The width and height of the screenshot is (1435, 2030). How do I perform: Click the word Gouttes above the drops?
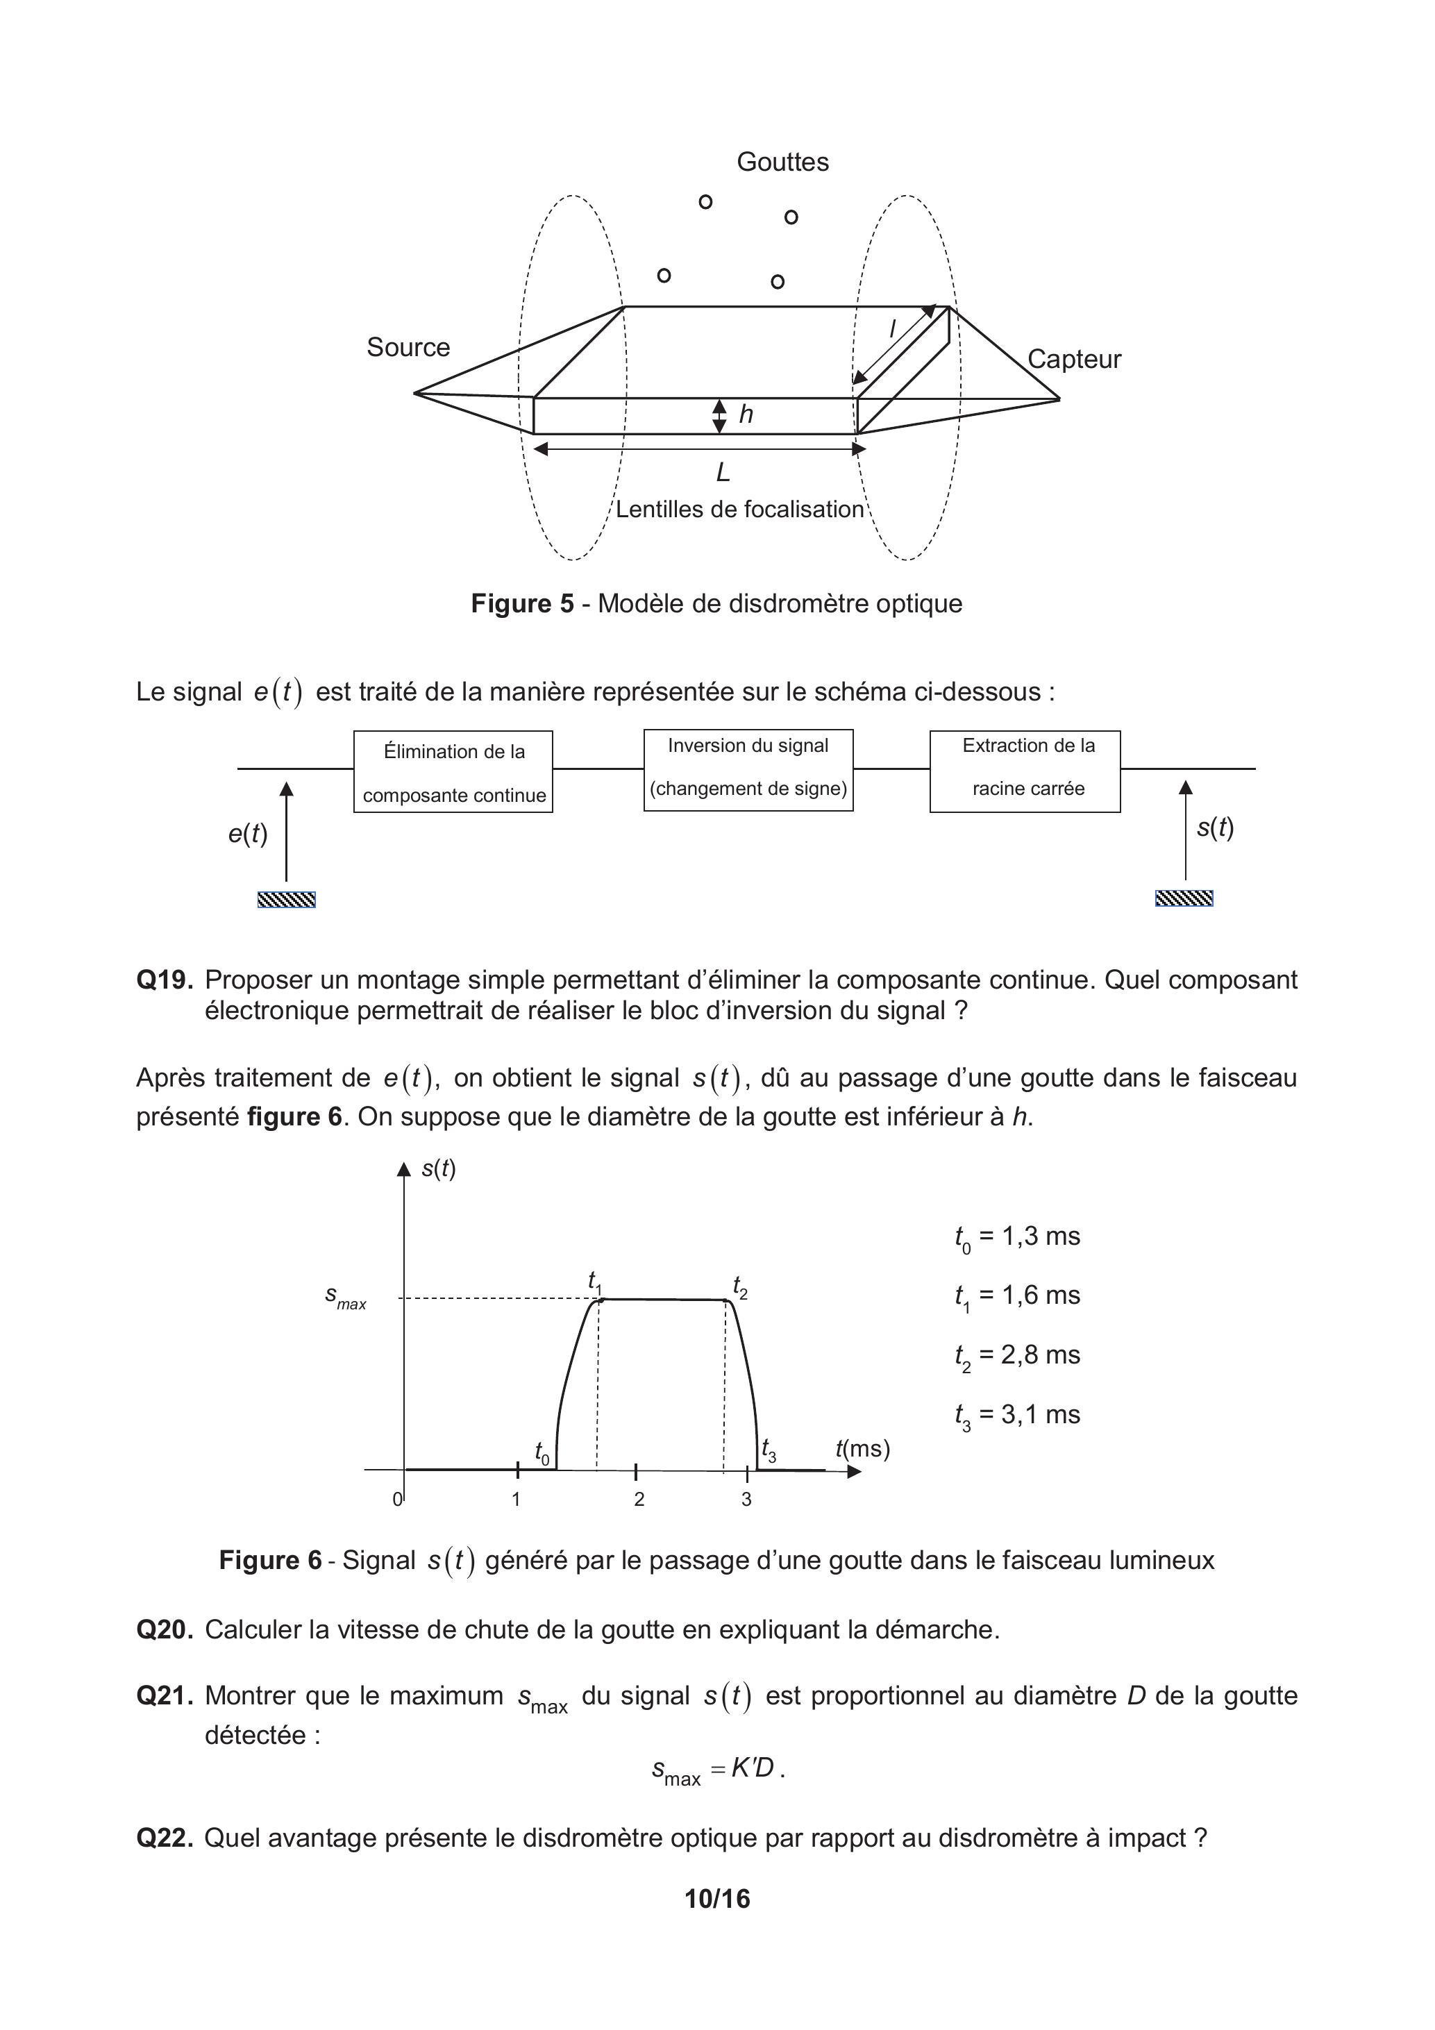point(782,162)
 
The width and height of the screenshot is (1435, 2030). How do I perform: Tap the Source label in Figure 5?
point(408,347)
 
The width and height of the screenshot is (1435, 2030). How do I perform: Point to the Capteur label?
point(1073,359)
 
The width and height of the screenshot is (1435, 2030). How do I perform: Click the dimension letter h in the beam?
point(746,414)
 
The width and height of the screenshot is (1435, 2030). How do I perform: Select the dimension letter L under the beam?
point(723,473)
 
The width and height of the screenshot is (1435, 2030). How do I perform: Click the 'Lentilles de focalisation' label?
point(739,510)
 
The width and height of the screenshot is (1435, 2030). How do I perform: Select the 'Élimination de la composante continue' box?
point(453,772)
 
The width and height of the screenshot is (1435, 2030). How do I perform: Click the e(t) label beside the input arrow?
point(248,833)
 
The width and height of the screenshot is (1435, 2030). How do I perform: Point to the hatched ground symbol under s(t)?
point(1184,899)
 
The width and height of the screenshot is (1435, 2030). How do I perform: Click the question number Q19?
point(165,980)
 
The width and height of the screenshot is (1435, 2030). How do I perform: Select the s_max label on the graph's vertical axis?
point(346,1297)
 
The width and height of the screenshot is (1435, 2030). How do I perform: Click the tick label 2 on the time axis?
point(639,1500)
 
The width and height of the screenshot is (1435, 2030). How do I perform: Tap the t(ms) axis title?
point(862,1448)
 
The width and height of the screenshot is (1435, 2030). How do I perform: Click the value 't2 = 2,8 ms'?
point(1017,1355)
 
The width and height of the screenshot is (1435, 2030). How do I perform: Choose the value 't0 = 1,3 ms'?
point(1017,1236)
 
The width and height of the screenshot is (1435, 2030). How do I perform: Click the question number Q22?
point(165,1838)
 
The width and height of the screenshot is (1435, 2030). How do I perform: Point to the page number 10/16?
point(717,1898)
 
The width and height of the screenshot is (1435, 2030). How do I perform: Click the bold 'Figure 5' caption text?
point(523,604)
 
